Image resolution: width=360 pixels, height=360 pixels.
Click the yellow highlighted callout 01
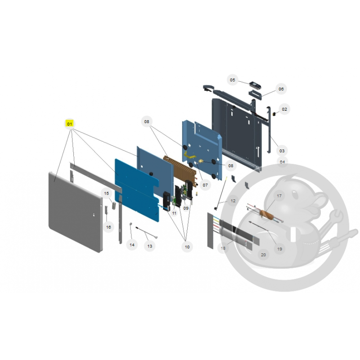pyautogui.click(x=69, y=124)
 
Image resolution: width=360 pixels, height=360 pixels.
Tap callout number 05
pyautogui.click(x=232, y=80)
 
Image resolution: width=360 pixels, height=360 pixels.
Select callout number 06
pyautogui.click(x=281, y=89)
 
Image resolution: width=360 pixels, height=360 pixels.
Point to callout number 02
pyautogui.click(x=284, y=109)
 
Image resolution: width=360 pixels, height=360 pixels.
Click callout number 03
pyautogui.click(x=282, y=151)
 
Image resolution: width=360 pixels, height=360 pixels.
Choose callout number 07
pyautogui.click(x=205, y=185)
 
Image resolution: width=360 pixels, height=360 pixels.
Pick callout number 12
pyautogui.click(x=233, y=201)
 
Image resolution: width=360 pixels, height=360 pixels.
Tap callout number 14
pyautogui.click(x=132, y=245)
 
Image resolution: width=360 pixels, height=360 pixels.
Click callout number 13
pyautogui.click(x=150, y=246)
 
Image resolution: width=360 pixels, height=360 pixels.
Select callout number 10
pyautogui.click(x=187, y=247)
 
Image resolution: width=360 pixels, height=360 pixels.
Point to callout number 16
pyautogui.click(x=108, y=227)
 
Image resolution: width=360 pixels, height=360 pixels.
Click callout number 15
pyautogui.click(x=106, y=193)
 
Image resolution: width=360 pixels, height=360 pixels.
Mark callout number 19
pyautogui.click(x=279, y=249)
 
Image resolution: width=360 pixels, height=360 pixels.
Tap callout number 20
pyautogui.click(x=263, y=255)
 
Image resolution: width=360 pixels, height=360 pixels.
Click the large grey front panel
pyautogui.click(x=76, y=212)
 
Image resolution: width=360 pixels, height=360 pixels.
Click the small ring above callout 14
pyautogui.click(x=131, y=224)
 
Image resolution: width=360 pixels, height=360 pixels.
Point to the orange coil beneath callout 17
pyautogui.click(x=266, y=216)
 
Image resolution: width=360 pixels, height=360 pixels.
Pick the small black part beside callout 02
pyautogui.click(x=274, y=114)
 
